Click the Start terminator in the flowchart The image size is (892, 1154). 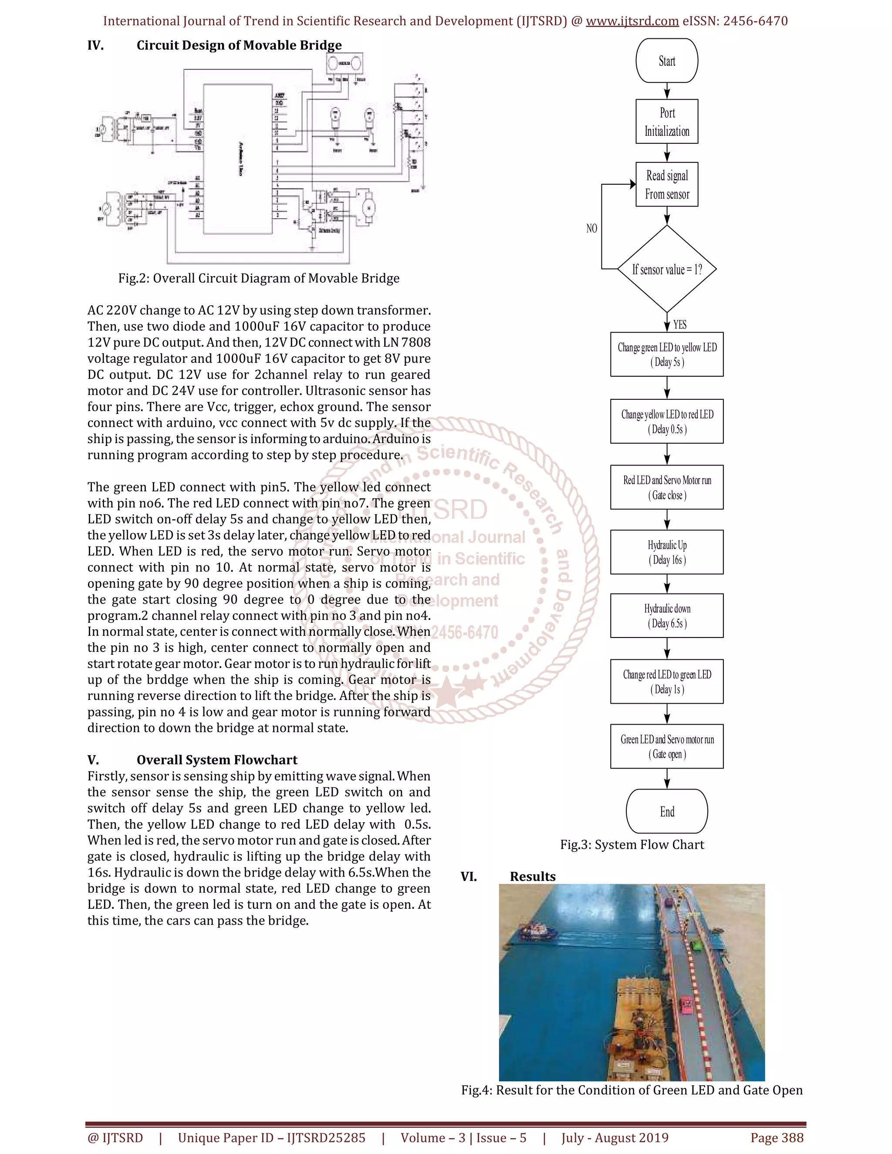pos(666,61)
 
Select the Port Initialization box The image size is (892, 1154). pos(666,121)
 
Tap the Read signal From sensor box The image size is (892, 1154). pos(666,184)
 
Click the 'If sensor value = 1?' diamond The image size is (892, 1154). pos(666,270)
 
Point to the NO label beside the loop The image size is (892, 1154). pos(591,228)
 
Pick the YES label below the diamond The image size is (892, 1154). pos(679,324)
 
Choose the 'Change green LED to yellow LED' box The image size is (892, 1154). pos(666,354)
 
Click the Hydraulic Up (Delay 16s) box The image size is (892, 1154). pos(666,552)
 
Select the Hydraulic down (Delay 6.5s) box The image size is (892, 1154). pos(666,616)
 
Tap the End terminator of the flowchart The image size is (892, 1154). pos(666,812)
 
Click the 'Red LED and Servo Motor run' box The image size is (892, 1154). pos(666,487)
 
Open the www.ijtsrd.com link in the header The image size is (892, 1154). pos(632,21)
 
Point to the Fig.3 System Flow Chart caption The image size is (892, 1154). pos(632,845)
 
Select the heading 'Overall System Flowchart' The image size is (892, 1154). pos(216,760)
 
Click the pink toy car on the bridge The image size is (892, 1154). pos(686,1002)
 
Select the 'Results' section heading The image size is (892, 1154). pos(532,877)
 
